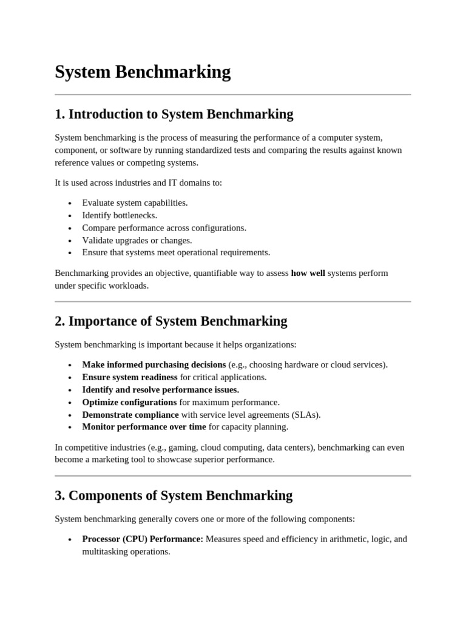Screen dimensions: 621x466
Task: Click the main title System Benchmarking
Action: click(x=143, y=72)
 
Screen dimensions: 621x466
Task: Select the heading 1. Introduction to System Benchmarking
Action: click(x=174, y=114)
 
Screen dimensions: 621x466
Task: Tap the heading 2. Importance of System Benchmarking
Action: click(x=171, y=321)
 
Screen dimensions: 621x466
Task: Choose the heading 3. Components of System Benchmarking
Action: click(x=173, y=495)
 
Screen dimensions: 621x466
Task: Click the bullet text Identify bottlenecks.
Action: click(x=120, y=215)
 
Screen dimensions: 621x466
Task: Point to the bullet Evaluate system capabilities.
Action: click(x=135, y=203)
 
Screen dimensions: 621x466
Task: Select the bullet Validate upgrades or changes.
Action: click(x=137, y=240)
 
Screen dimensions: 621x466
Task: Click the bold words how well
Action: click(x=308, y=273)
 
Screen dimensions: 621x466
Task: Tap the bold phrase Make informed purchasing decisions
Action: click(x=154, y=364)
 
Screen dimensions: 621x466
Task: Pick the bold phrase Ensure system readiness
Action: click(x=130, y=377)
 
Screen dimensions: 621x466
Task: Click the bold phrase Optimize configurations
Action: click(x=129, y=402)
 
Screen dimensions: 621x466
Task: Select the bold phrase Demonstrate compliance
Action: click(x=130, y=415)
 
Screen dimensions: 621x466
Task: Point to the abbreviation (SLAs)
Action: click(x=306, y=415)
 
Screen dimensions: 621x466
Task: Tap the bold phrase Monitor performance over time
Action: click(x=144, y=427)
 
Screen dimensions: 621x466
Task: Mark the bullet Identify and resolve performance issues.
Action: click(x=161, y=389)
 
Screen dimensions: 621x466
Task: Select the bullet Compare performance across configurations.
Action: click(x=164, y=228)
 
